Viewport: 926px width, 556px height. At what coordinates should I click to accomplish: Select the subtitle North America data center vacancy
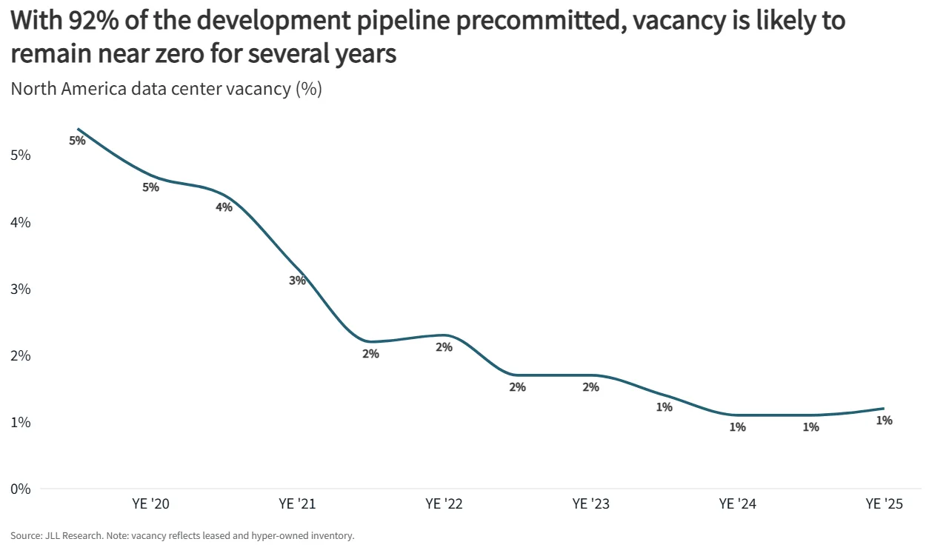pyautogui.click(x=166, y=89)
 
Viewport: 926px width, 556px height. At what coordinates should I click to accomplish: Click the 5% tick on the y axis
pyautogui.click(x=20, y=155)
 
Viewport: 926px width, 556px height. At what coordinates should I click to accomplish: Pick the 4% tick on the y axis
pyautogui.click(x=20, y=222)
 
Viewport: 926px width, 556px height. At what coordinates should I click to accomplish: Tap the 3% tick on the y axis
pyautogui.click(x=20, y=289)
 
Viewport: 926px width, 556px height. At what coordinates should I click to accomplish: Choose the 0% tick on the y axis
pyautogui.click(x=20, y=489)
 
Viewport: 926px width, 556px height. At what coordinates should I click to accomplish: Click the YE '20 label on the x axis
pyautogui.click(x=150, y=505)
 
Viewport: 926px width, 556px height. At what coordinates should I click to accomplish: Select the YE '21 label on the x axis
pyautogui.click(x=297, y=505)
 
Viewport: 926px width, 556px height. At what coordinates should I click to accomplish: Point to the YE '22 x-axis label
pyautogui.click(x=444, y=505)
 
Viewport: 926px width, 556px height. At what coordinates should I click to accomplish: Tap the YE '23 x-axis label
pyautogui.click(x=590, y=505)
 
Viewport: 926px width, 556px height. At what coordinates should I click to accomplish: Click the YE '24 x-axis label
pyautogui.click(x=737, y=505)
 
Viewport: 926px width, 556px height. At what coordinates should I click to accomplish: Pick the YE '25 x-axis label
pyautogui.click(x=884, y=505)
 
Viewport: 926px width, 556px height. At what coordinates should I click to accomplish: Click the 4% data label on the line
pyautogui.click(x=224, y=207)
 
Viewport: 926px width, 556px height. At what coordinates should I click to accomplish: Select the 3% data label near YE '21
pyautogui.click(x=297, y=281)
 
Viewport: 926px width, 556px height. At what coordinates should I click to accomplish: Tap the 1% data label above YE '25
pyautogui.click(x=884, y=421)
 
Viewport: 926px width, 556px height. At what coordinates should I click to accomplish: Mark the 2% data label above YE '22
pyautogui.click(x=444, y=346)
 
